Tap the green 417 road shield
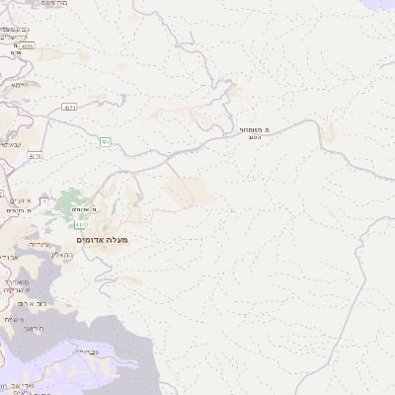[x=79, y=226]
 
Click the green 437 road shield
[x=107, y=142]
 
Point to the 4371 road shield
[x=69, y=108]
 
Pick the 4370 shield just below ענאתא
[x=36, y=155]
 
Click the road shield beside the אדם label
[x=27, y=45]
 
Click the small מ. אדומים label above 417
[x=85, y=209]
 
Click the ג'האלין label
[x=59, y=255]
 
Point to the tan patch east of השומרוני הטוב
[x=328, y=131]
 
